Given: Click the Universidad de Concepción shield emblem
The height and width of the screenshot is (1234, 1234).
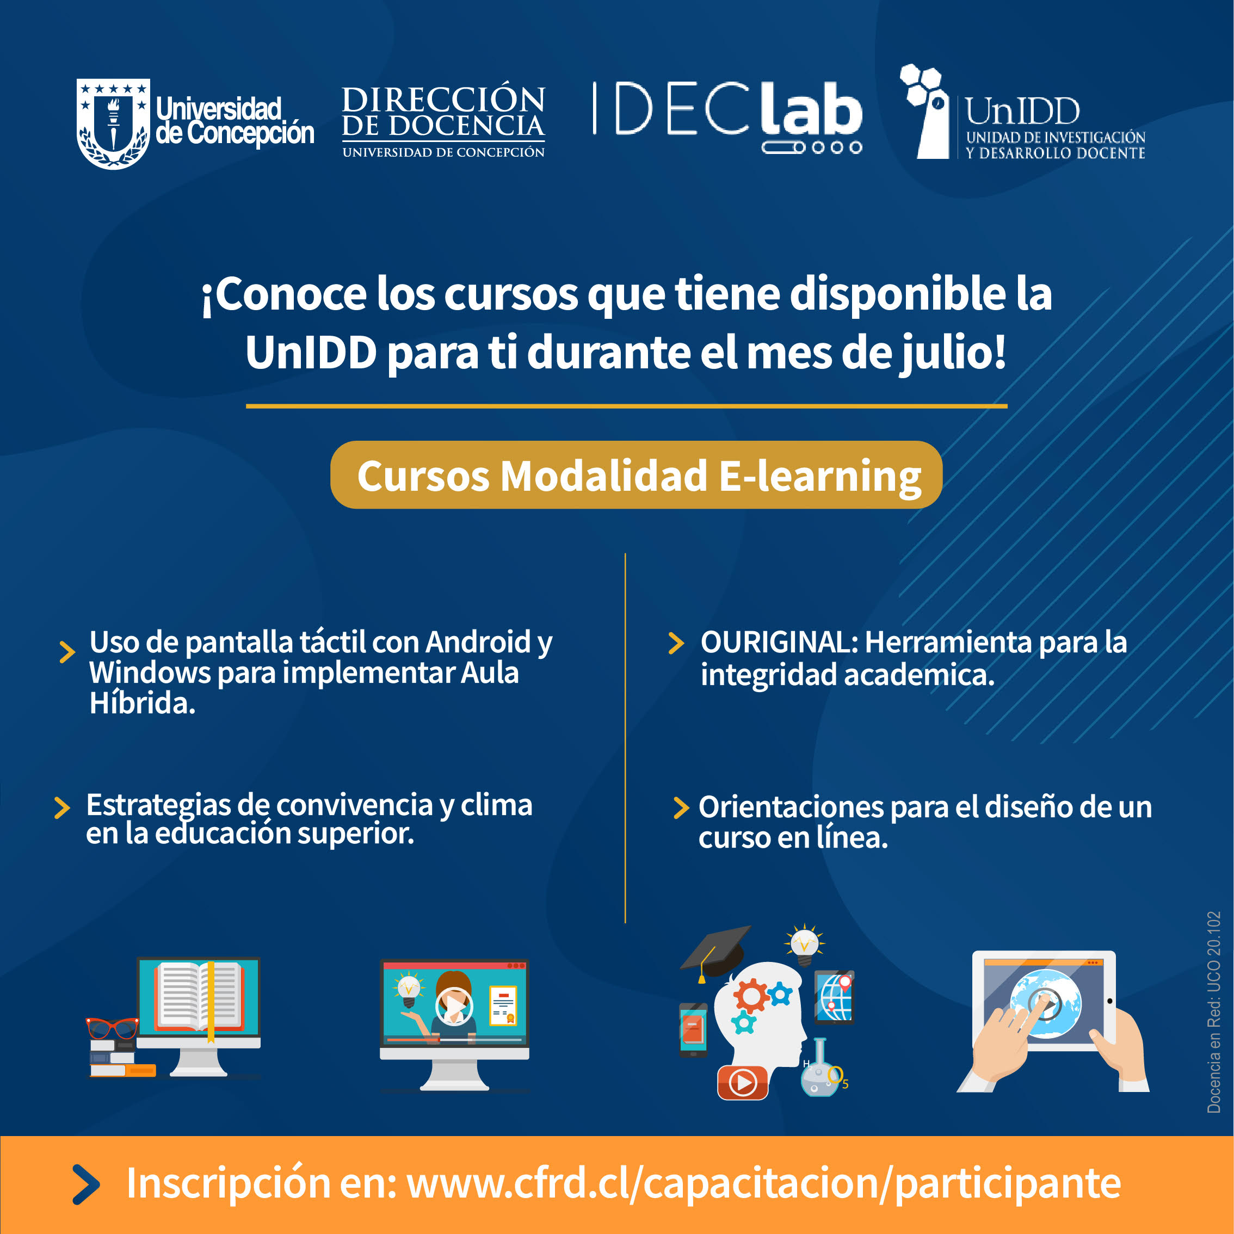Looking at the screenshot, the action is (x=113, y=124).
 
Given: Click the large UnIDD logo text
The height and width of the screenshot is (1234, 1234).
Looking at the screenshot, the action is (x=1022, y=112).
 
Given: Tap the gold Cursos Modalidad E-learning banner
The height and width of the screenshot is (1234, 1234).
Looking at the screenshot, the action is (x=636, y=474).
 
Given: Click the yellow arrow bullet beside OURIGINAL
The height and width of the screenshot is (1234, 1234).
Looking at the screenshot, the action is (x=676, y=643).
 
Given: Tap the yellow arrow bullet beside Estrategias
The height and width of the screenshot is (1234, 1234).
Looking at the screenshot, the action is (x=62, y=807).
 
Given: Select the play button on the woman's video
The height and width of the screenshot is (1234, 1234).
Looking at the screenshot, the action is (x=454, y=1006).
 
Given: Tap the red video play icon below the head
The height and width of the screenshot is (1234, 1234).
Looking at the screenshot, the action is (x=742, y=1082).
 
